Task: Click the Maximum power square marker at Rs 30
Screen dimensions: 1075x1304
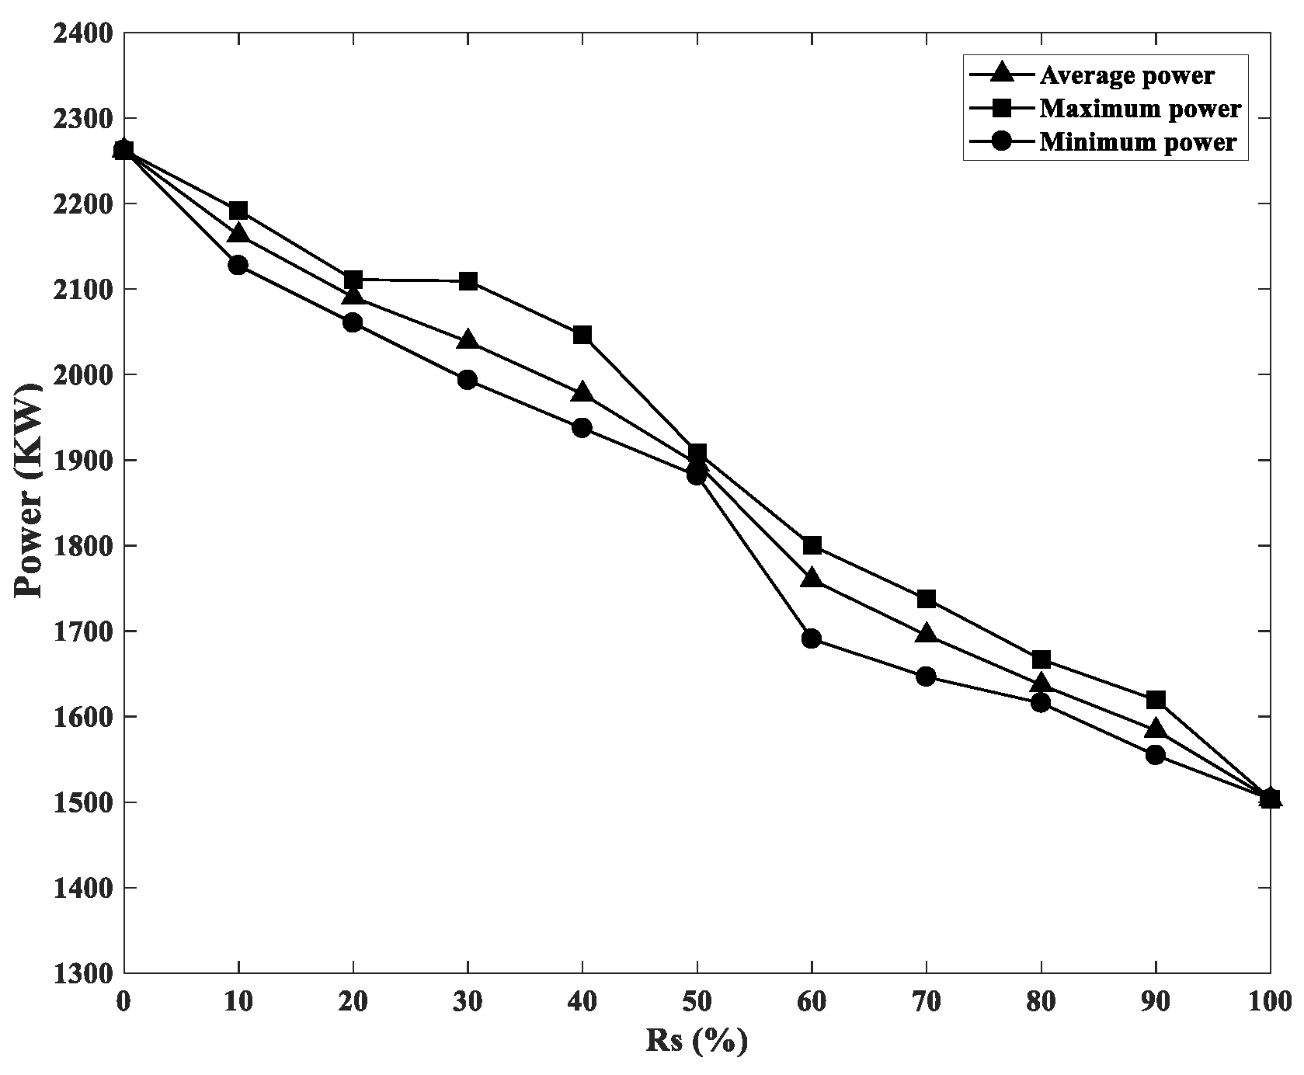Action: pos(468,281)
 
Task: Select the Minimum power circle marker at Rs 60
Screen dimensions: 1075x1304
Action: pos(812,638)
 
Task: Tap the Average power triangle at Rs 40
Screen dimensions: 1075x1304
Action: pos(582,393)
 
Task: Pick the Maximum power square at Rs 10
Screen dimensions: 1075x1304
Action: pos(238,210)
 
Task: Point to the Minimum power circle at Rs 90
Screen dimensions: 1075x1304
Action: pos(1156,754)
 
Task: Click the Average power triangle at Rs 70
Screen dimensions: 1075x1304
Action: pos(926,634)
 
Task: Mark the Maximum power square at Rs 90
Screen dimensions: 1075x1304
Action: pos(1156,700)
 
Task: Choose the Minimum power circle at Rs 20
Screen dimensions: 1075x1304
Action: pos(353,322)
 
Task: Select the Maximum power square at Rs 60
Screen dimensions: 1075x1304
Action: pos(812,545)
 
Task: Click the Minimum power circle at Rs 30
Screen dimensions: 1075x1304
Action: pos(468,380)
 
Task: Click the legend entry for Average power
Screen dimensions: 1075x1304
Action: pos(1127,75)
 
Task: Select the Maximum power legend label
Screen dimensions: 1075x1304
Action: pos(1140,109)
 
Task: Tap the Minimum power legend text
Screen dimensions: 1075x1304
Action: pos(1137,142)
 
